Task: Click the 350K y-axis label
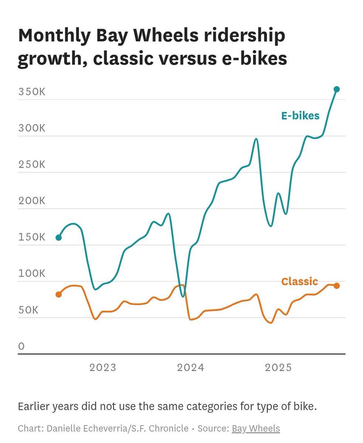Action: pos(32,92)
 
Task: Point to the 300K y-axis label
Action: pos(32,128)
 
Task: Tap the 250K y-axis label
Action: pos(32,164)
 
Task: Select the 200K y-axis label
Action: pos(32,201)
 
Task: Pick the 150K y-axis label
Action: pos(32,237)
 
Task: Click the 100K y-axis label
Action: pos(32,274)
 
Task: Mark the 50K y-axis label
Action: pos(28,310)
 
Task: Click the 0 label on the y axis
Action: pos(21,346)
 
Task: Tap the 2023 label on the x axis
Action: pos(103,367)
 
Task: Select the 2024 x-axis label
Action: pos(191,367)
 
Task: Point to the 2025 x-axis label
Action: pos(279,367)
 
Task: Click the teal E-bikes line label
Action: pos(300,116)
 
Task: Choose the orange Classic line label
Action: pos(299,282)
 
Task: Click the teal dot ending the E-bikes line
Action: pos(336,89)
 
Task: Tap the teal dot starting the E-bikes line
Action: pos(59,237)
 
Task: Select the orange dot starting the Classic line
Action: pos(59,294)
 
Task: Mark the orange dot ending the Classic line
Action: pos(336,286)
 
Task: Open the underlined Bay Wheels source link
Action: pos(256,429)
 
